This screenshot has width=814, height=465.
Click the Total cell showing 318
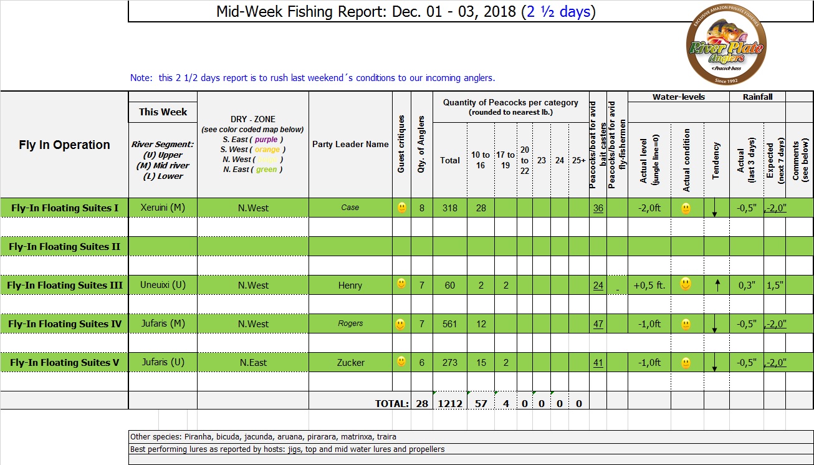tap(449, 208)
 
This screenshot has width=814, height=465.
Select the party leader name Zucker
tap(350, 363)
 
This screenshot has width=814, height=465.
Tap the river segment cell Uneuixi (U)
tap(163, 285)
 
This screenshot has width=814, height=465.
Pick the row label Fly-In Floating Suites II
tap(64, 247)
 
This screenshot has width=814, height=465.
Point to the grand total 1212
tap(450, 404)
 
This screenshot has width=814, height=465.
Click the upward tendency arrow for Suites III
tap(717, 285)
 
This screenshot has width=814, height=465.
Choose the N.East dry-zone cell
tap(253, 363)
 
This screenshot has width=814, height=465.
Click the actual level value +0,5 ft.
tap(649, 285)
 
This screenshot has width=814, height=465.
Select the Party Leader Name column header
tap(350, 144)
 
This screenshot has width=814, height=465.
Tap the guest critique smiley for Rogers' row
tap(401, 324)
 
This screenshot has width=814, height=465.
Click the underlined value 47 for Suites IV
tap(598, 324)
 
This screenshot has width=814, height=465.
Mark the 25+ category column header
tap(578, 160)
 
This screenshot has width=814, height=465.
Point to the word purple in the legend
tap(266, 140)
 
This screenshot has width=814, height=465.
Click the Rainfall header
tap(757, 97)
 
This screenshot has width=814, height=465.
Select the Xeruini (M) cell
tap(163, 208)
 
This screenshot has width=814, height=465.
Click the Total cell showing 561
tap(449, 324)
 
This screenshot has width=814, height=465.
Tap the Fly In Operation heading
tap(64, 145)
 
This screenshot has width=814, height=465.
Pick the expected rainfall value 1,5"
tap(775, 285)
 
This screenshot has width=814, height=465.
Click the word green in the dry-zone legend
tap(266, 170)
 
